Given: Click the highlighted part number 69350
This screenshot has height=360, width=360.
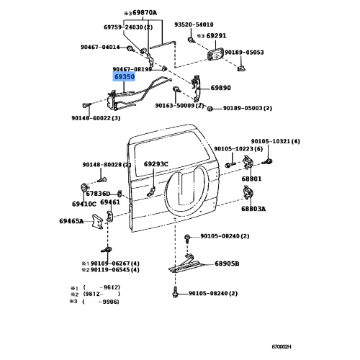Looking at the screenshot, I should pos(124,75).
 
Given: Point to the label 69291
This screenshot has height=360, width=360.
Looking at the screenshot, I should pos(215,35).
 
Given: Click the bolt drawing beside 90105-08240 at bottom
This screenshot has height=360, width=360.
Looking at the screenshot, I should pos(176,294).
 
